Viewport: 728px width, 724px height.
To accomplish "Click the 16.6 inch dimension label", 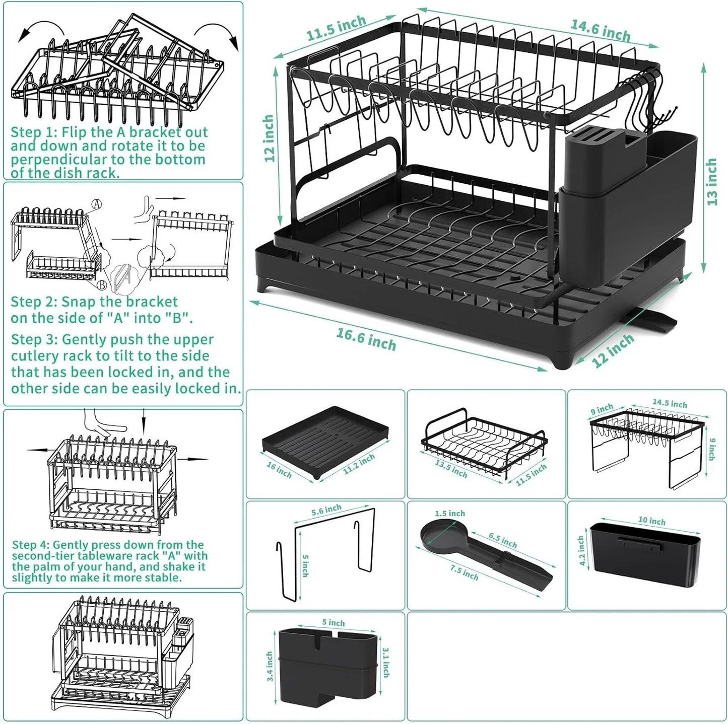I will (366, 339).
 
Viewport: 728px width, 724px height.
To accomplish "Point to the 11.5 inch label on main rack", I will (336, 28).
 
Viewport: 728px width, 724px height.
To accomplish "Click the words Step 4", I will (31, 545).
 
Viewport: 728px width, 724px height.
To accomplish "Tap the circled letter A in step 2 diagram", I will (97, 204).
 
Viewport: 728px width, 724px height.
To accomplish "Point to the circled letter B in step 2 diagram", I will (102, 285).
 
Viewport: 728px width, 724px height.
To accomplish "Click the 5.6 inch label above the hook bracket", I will (326, 511).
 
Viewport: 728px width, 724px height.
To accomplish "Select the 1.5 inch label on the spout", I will (449, 513).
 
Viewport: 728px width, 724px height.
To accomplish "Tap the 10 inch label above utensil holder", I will (651, 521).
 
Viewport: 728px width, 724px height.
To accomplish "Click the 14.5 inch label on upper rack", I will (670, 403).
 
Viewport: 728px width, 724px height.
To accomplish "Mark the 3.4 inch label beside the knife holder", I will (270, 666).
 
